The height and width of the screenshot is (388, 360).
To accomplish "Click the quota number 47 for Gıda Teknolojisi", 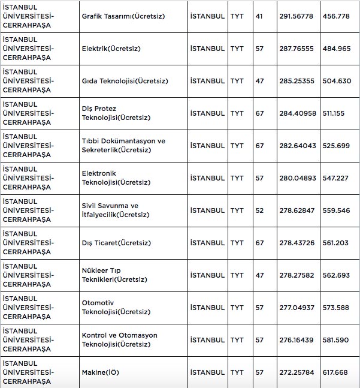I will (x=259, y=81).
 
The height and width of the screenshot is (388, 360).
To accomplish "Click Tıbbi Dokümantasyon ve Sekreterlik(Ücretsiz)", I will (x=123, y=146).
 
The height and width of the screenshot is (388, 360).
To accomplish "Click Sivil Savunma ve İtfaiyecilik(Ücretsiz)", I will (x=116, y=210).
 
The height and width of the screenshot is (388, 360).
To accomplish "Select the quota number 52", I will (x=259, y=210).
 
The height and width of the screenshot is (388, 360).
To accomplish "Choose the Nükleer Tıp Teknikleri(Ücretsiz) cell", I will (x=114, y=275).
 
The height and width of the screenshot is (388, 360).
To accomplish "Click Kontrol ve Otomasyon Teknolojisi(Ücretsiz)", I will (x=120, y=340).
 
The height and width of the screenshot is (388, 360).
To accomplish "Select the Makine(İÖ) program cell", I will (x=100, y=372).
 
